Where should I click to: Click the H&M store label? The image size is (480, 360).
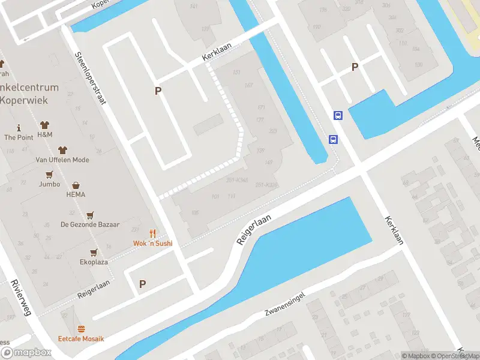45,135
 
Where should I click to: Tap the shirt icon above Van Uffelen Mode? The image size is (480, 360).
62,150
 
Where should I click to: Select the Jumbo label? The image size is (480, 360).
49,184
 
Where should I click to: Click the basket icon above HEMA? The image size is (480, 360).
76,185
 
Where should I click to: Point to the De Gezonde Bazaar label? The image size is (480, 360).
90,225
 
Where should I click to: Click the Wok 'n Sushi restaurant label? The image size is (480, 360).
152,244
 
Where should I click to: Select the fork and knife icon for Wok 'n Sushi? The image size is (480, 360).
152,233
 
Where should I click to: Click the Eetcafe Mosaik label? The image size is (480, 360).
81,339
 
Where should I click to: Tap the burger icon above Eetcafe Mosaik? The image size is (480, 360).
81,329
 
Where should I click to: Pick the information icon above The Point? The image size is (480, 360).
19,128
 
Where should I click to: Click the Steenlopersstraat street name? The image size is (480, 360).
90,78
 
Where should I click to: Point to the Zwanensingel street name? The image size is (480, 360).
285,305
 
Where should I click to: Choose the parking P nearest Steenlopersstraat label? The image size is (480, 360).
158,91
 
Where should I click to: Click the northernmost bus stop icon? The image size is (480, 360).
338,116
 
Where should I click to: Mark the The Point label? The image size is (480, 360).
19,137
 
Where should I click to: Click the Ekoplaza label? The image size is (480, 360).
94,262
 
